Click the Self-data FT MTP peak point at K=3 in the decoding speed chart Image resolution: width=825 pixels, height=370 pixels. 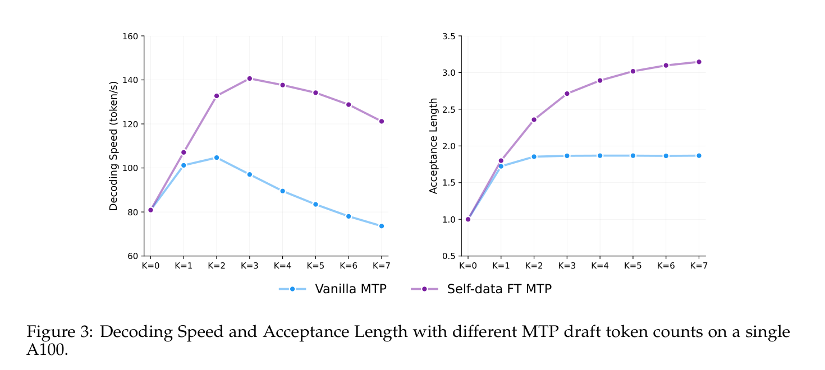(250, 78)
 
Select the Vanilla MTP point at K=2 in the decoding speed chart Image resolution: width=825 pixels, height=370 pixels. (217, 158)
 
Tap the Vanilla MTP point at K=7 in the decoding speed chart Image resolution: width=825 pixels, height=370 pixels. (382, 226)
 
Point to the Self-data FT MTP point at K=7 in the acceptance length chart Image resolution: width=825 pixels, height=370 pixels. (699, 62)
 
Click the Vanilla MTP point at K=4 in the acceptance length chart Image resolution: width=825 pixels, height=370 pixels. (600, 156)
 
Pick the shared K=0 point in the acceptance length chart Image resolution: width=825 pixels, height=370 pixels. (468, 219)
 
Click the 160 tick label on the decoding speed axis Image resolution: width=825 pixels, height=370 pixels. (130, 36)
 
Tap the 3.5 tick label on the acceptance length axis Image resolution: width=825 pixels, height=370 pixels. (448, 36)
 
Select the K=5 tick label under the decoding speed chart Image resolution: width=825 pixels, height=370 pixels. (315, 266)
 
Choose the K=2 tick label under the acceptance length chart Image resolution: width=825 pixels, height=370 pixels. (534, 266)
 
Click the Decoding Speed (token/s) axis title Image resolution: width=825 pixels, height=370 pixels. (113, 146)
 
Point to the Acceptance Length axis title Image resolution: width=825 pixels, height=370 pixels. (433, 146)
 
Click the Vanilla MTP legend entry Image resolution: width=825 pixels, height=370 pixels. (333, 289)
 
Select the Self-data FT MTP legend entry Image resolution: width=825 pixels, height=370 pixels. (482, 289)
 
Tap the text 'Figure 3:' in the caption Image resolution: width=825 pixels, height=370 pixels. (59, 332)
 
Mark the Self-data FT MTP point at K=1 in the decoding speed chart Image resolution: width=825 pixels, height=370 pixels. (184, 152)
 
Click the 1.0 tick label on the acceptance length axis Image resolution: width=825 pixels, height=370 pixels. (448, 220)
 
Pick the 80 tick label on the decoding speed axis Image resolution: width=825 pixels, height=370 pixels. (132, 212)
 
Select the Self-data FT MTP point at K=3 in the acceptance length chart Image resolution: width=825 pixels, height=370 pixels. (567, 94)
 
